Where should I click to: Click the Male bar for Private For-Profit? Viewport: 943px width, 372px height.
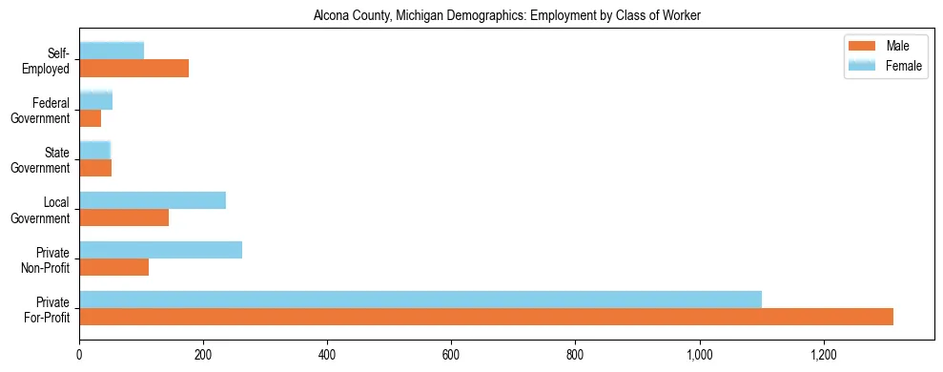(486, 317)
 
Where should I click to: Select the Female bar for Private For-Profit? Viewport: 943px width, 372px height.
(420, 300)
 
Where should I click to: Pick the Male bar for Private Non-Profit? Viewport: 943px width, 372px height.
(113, 267)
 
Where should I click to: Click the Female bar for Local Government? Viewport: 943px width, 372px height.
(153, 200)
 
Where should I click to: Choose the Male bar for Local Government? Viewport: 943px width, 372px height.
(124, 217)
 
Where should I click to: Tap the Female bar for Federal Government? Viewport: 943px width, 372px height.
(95, 100)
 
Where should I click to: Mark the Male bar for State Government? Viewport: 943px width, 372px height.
(95, 168)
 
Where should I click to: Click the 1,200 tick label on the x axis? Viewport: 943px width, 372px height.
(824, 355)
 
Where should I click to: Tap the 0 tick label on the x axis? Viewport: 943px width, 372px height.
(79, 355)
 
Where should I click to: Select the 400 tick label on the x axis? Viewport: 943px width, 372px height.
(327, 355)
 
